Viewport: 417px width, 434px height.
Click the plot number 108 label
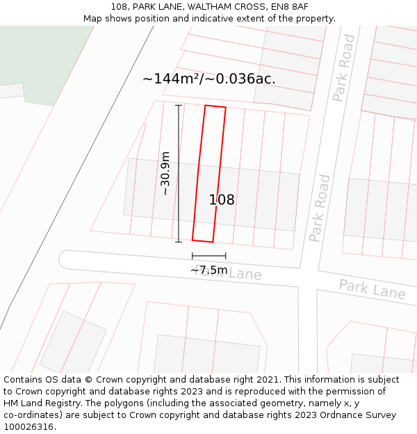(222, 200)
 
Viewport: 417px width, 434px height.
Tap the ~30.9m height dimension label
(165, 174)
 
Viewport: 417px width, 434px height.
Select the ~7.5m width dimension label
(208, 269)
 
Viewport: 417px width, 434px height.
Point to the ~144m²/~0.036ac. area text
(209, 79)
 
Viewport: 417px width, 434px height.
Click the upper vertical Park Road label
(343, 68)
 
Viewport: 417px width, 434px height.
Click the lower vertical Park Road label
(320, 208)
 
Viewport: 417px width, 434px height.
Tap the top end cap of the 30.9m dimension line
(179, 106)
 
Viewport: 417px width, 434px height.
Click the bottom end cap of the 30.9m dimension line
(179, 242)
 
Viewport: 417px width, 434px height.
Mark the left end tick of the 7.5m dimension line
(193, 256)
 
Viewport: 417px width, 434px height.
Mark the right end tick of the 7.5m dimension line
(225, 256)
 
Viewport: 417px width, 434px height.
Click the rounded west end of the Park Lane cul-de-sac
(64, 260)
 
